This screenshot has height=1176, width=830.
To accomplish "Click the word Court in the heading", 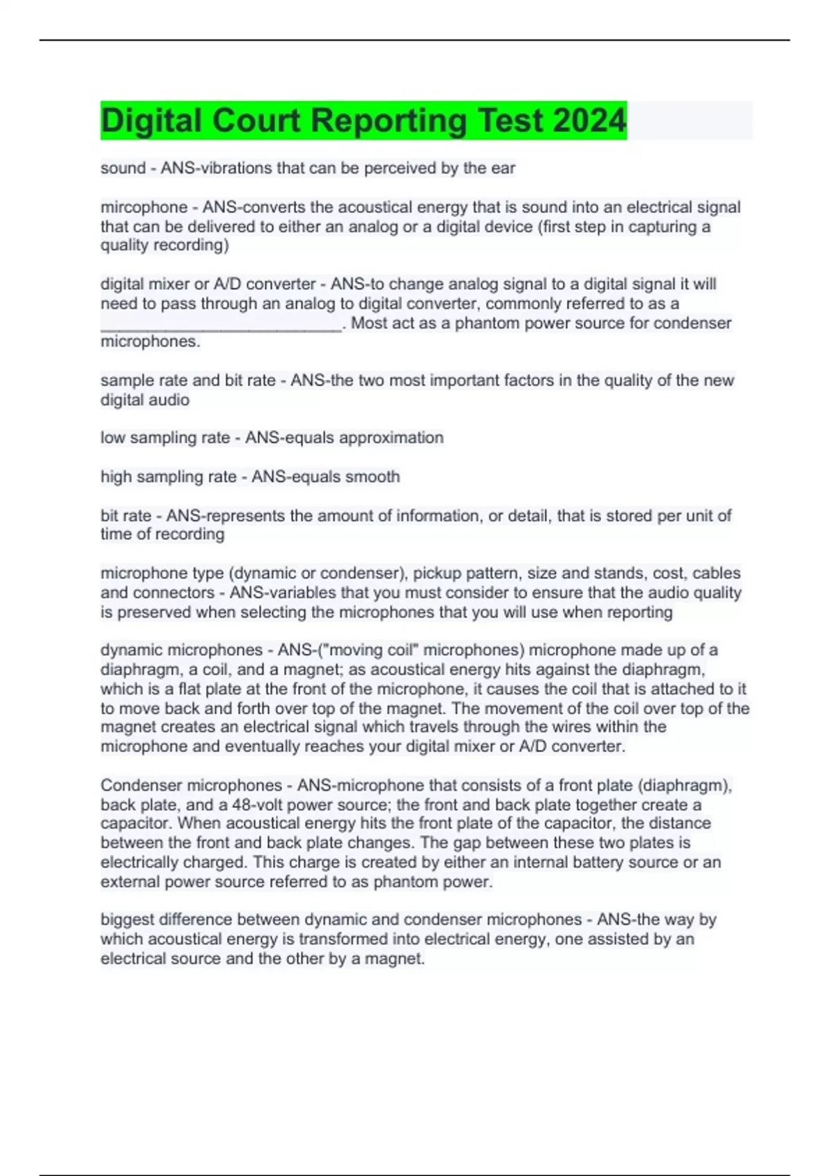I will click(256, 120).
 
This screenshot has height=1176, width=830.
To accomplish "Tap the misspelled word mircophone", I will click(144, 207).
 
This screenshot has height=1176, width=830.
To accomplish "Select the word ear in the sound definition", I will click(504, 168).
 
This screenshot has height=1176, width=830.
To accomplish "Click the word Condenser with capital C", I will click(142, 785).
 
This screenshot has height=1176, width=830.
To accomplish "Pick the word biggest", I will click(127, 920).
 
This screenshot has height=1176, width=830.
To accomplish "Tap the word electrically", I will click(137, 863).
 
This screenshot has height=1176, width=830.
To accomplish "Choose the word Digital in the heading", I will click(151, 120).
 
